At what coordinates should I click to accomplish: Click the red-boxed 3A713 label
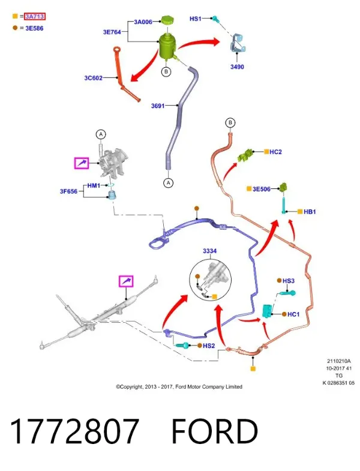pos(35,16)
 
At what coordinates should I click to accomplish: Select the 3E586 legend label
pos(34,28)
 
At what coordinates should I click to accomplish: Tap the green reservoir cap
pos(166,20)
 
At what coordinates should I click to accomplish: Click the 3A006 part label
pos(143,22)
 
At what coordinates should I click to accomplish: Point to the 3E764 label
pos(112,32)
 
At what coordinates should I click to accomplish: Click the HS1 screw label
pos(196,19)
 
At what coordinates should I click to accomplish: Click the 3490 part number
pos(237,67)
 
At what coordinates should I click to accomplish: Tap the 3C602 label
pos(93,78)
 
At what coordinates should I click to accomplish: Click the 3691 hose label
pos(158,106)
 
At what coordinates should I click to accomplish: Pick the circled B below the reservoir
pos(166,72)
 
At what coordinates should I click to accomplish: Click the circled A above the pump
pos(101,134)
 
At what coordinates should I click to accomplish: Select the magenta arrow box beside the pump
pos(82,163)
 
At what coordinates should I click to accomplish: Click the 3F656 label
pos(68,191)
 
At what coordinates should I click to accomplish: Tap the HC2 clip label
pos(275,152)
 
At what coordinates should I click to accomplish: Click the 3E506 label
pos(262,189)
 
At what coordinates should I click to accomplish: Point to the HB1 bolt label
pos(310,212)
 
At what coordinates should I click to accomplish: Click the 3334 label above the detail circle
pos(209,251)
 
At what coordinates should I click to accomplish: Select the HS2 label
pos(209,346)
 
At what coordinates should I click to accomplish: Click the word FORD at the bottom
pos(215,431)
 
